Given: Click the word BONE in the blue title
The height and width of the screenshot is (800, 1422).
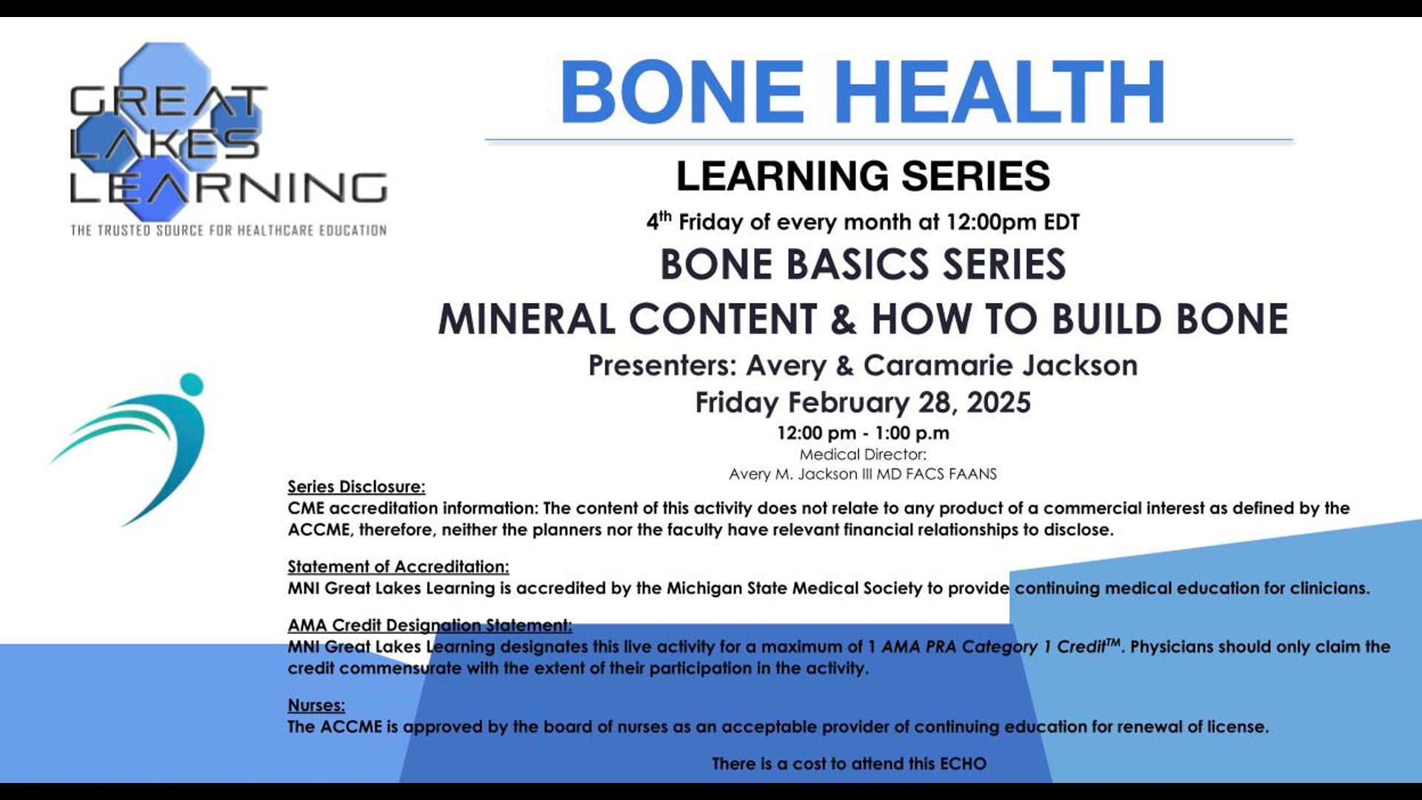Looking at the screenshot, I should click(x=682, y=93).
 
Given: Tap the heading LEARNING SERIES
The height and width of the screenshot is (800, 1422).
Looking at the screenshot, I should click(x=863, y=176).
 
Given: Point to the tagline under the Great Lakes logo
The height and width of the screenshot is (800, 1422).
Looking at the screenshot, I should click(x=228, y=230).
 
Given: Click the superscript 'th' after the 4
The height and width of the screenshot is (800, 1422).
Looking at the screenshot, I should click(x=665, y=216).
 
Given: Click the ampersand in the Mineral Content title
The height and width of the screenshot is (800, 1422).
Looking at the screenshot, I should click(x=844, y=319).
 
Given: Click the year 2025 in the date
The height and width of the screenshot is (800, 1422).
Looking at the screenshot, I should click(x=998, y=403).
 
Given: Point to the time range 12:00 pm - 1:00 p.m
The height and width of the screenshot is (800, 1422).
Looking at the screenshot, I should click(x=863, y=433).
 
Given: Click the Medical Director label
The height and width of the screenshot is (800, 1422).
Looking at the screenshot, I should click(x=863, y=455).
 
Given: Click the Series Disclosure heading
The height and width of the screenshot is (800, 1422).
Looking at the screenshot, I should click(x=356, y=487).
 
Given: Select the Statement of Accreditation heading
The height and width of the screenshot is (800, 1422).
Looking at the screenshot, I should click(x=398, y=567).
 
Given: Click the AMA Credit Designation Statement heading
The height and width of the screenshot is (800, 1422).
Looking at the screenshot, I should click(x=430, y=625).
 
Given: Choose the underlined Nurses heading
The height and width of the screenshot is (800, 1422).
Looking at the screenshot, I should click(x=316, y=705).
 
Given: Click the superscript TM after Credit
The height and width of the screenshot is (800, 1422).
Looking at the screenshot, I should click(x=1113, y=642).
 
